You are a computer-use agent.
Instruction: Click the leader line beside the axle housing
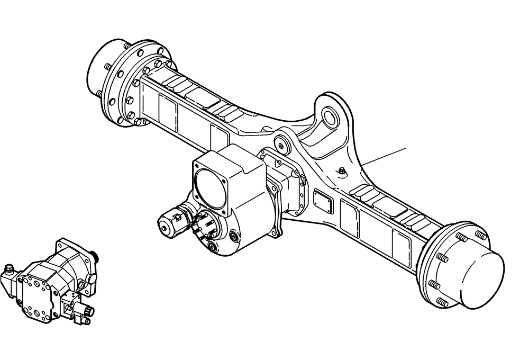pyautogui.click(x=385, y=156)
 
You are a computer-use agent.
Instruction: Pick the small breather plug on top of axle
pyautogui.click(x=342, y=170)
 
